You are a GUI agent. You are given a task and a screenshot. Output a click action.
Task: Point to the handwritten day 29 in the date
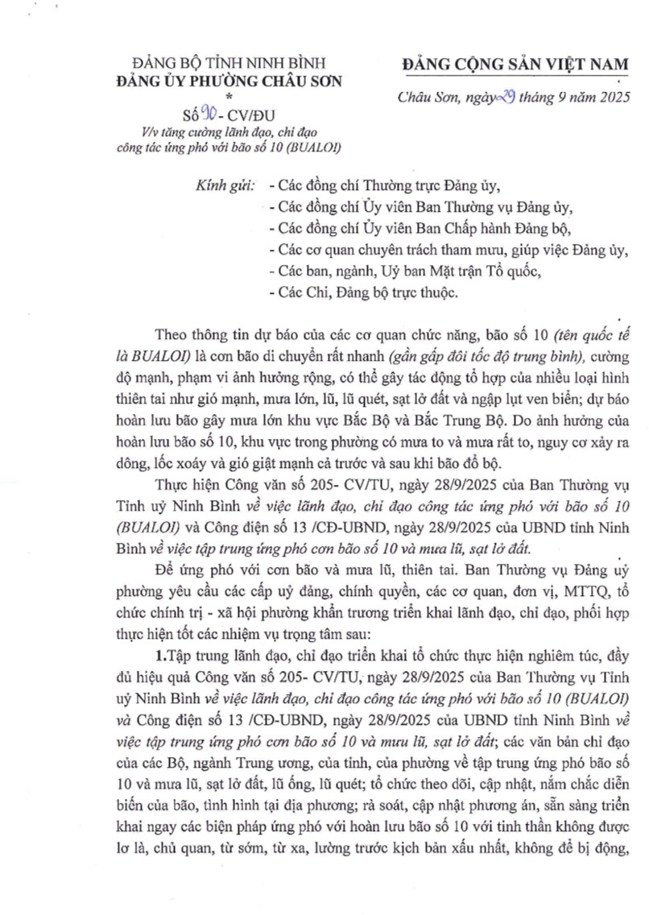[x=490, y=97]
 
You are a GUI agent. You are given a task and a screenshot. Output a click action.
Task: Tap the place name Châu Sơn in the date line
[x=428, y=99]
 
